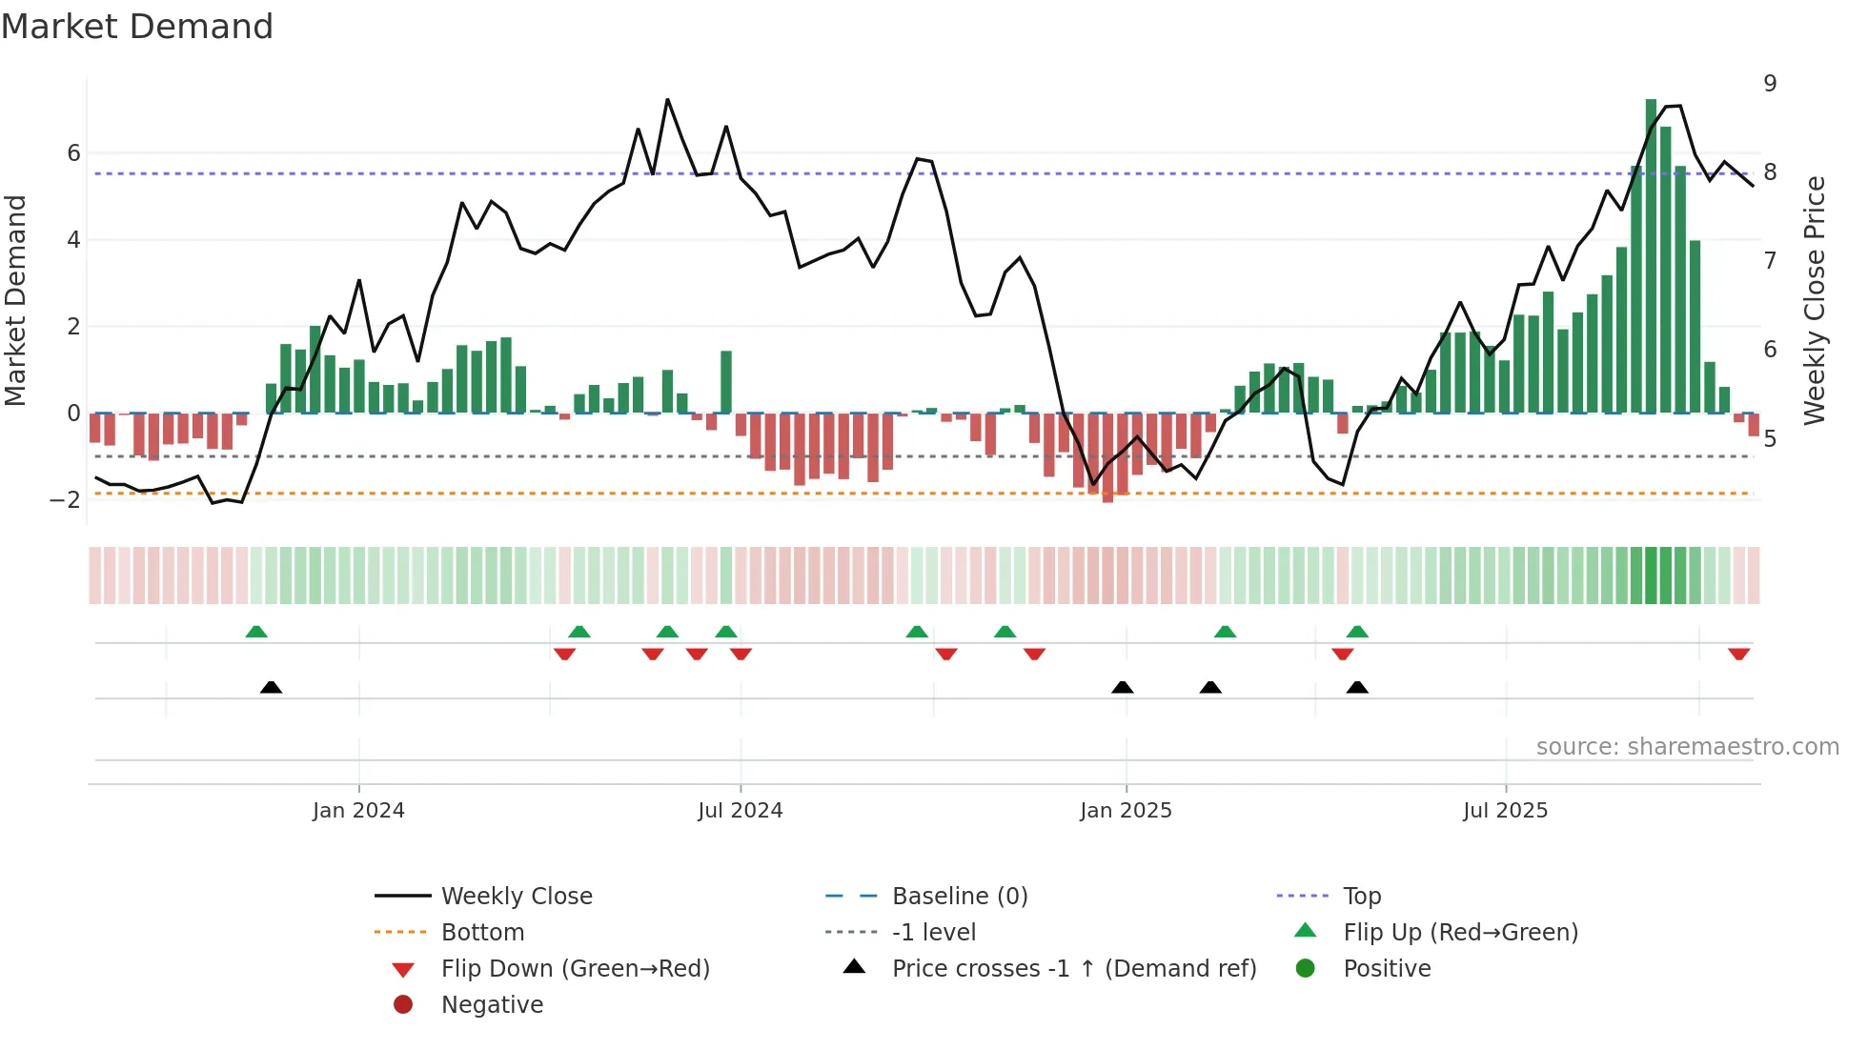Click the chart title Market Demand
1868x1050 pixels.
pyautogui.click(x=137, y=27)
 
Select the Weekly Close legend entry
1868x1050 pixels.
pyautogui.click(x=516, y=896)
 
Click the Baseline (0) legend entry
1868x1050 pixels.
pyautogui.click(x=959, y=896)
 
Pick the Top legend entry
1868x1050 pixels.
pyautogui.click(x=1361, y=896)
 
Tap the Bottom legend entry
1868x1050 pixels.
pyautogui.click(x=482, y=932)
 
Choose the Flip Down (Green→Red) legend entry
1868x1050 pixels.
pyautogui.click(x=575, y=968)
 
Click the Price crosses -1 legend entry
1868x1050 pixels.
pyautogui.click(x=1073, y=968)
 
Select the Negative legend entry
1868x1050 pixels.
pyautogui.click(x=492, y=1004)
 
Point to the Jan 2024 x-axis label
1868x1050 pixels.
pyautogui.click(x=358, y=810)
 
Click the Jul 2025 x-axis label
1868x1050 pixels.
pyautogui.click(x=1505, y=810)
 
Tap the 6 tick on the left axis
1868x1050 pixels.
pyautogui.click(x=73, y=153)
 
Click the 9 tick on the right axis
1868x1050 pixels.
pyautogui.click(x=1770, y=84)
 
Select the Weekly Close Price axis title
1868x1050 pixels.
pyautogui.click(x=1815, y=300)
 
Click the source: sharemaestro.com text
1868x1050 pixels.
pyautogui.click(x=1687, y=746)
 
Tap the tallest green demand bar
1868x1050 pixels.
pyautogui.click(x=1651, y=257)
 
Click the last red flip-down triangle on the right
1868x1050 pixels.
pyautogui.click(x=1738, y=654)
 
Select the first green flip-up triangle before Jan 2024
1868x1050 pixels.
pyautogui.click(x=256, y=632)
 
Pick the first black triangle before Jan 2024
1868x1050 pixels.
pyautogui.click(x=271, y=687)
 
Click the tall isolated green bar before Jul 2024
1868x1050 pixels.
pyautogui.click(x=726, y=381)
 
